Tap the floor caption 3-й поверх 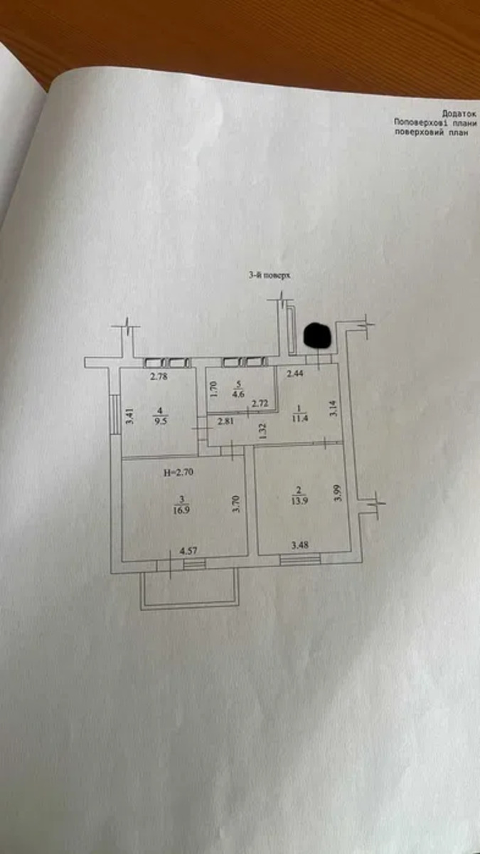(270, 275)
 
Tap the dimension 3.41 (129, 416)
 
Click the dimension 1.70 (214, 389)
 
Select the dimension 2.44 (295, 373)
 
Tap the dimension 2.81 (225, 420)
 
